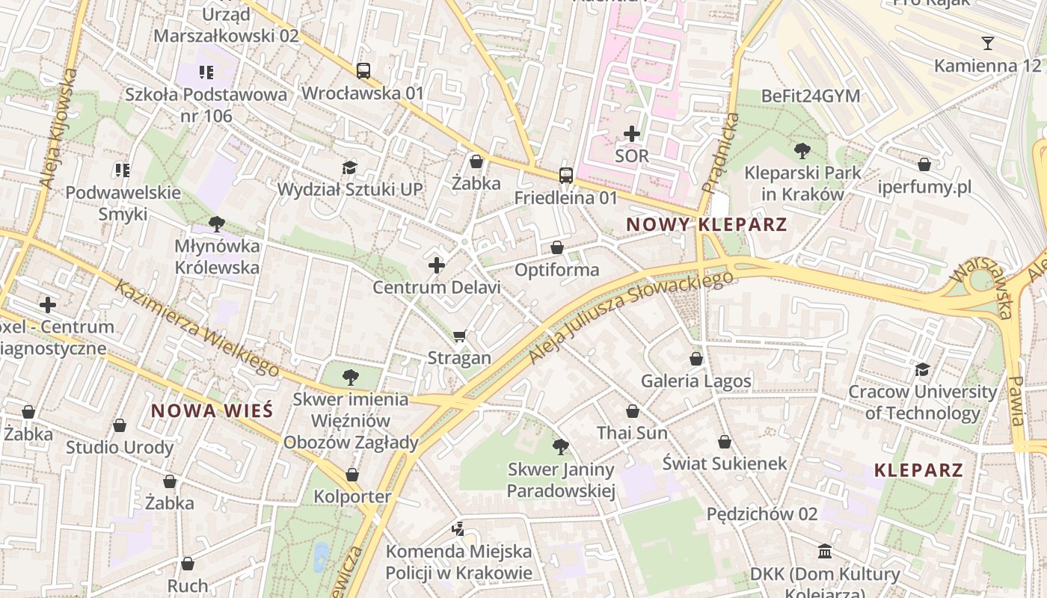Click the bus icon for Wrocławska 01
pos(363,71)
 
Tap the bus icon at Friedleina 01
pos(566,176)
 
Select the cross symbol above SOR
pos(632,134)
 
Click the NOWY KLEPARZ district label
pos(706,224)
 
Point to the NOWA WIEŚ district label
pos(212,410)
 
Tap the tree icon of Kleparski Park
pos(802,150)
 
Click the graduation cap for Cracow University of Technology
pos(922,370)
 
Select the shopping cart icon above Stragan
pos(460,336)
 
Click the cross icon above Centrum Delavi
pos(437,265)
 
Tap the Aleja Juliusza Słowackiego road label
pos(630,318)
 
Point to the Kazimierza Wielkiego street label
pos(196,327)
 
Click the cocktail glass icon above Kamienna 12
pos(987,43)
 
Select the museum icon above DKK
pos(825,552)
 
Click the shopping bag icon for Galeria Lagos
pos(696,359)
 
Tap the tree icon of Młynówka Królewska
pos(217,224)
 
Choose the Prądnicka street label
pos(720,152)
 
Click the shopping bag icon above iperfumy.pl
pos(924,164)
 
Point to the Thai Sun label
pos(632,433)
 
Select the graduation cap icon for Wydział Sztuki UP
pos(349,167)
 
